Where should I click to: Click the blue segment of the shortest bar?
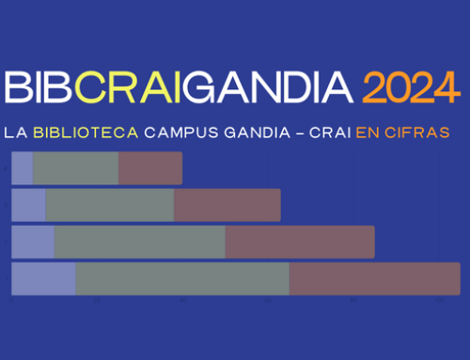click(x=22, y=168)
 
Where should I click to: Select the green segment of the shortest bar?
click(x=75, y=168)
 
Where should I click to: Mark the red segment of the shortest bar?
click(x=149, y=168)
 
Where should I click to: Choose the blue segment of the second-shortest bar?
click(x=28, y=205)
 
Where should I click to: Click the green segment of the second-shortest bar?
click(x=109, y=205)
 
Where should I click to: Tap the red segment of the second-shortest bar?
click(x=227, y=205)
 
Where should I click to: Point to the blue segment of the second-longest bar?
click(x=32, y=242)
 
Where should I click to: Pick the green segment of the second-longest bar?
click(x=139, y=242)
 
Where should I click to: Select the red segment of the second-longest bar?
click(x=299, y=242)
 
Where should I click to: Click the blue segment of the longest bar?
click(x=43, y=279)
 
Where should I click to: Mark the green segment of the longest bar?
click(x=182, y=279)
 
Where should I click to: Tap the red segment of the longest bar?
click(x=373, y=279)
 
